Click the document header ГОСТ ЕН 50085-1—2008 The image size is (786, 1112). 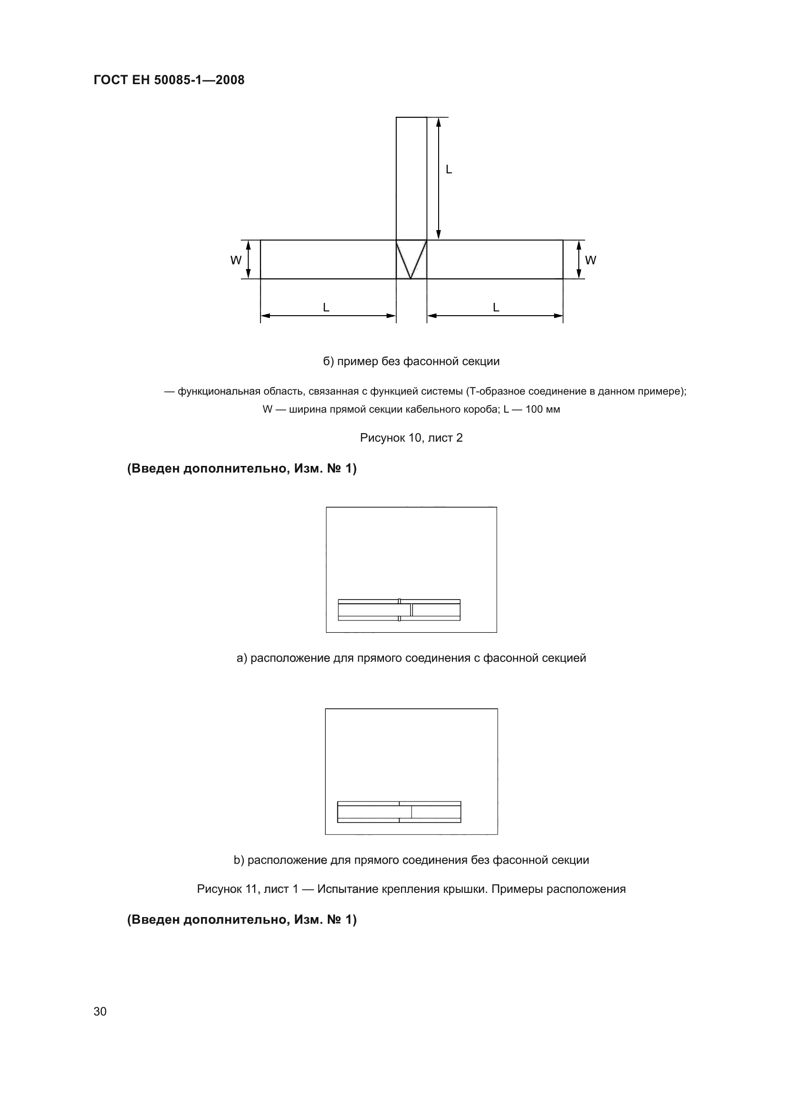coord(169,80)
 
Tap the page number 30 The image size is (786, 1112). coord(100,1011)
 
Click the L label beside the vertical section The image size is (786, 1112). coord(449,170)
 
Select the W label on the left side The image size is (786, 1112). coord(236,261)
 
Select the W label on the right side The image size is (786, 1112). coord(591,261)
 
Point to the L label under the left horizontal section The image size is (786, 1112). coord(326,308)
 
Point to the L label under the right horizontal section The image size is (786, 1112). coord(496,308)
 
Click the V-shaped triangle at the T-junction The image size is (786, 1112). coord(411,259)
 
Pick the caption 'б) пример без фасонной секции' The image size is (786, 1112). coord(411,361)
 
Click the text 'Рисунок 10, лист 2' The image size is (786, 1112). coord(411,438)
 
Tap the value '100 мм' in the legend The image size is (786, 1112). coord(543,409)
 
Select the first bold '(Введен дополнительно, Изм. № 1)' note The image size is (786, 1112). coord(241,468)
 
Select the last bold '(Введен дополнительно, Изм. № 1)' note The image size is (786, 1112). coord(241,920)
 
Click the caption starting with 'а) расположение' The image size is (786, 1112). coord(411,658)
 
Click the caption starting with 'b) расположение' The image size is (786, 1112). coord(411,860)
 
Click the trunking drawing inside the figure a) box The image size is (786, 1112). coord(399,610)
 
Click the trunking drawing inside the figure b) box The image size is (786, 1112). coord(399,812)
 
